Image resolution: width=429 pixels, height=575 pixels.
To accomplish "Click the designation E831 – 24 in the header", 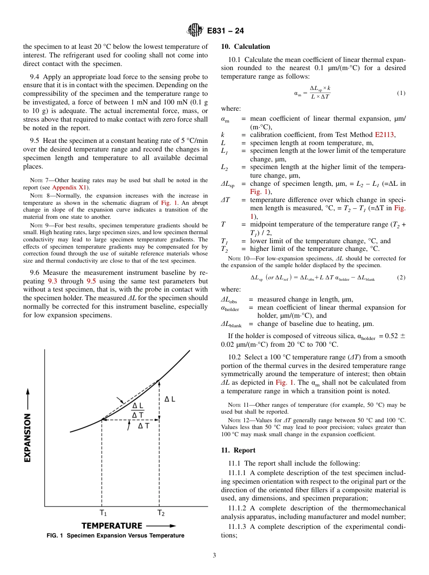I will pyautogui.click(x=225, y=31).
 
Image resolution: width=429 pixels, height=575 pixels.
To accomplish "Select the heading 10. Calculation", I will pyautogui.click(x=245, y=47).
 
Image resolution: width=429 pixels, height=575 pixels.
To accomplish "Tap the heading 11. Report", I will pyautogui.click(x=238, y=450).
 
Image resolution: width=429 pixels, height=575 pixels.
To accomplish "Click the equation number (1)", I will pyautogui.click(x=401, y=93).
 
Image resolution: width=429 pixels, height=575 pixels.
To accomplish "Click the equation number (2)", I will pyautogui.click(x=401, y=278).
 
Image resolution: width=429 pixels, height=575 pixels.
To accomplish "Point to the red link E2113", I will pyautogui.click(x=385, y=134).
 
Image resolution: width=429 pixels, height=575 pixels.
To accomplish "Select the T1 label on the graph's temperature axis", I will pyautogui.click(x=103, y=513).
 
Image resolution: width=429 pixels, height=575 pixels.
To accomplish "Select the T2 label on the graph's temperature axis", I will pyautogui.click(x=160, y=513).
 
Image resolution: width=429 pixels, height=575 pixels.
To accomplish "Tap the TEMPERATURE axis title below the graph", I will pyautogui.click(x=112, y=526).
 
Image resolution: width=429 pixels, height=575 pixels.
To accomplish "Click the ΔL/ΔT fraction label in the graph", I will pyautogui.click(x=138, y=410).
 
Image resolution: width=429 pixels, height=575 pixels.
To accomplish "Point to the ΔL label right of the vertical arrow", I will pyautogui.click(x=170, y=399).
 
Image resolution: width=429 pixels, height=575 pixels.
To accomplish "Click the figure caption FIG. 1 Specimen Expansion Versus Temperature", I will pyautogui.click(x=115, y=536).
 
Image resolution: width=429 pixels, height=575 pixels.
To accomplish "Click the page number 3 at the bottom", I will pyautogui.click(x=214, y=556).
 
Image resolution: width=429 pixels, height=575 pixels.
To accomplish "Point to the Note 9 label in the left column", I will pyautogui.click(x=38, y=225).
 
